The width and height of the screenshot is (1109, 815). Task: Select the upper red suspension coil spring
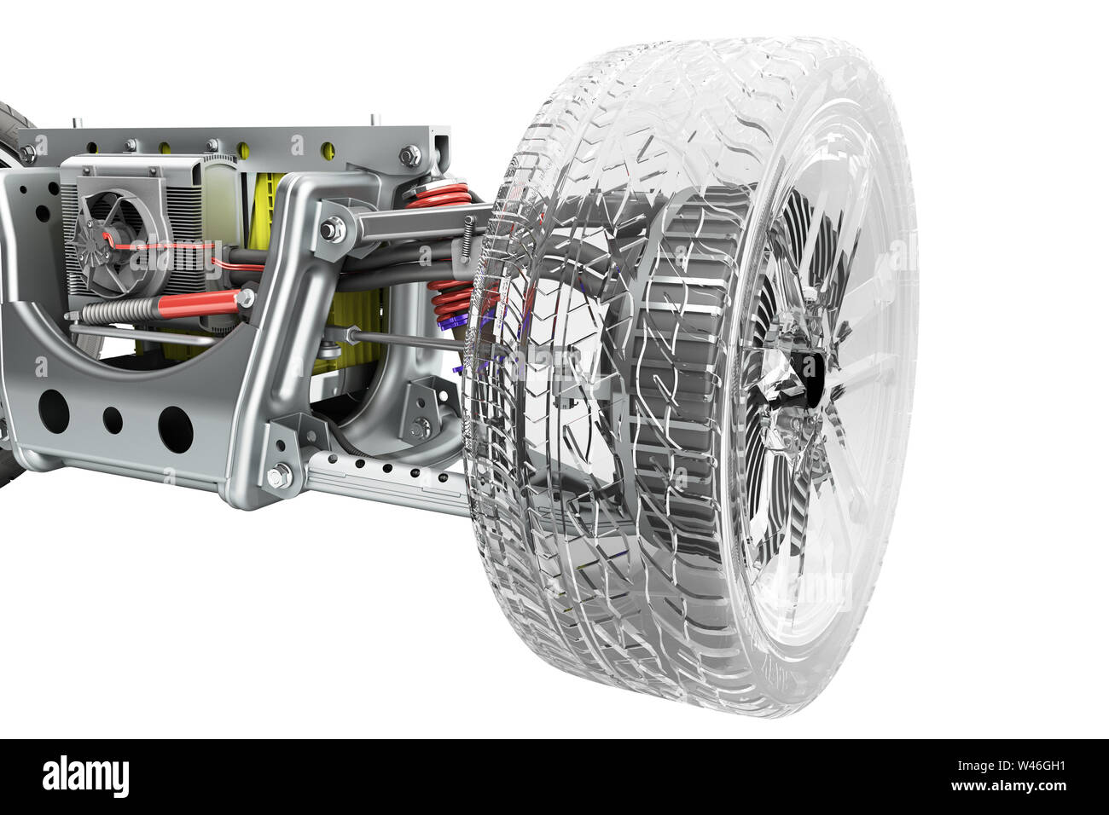(439, 197)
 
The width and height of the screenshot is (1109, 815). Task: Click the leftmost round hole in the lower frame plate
(53, 409)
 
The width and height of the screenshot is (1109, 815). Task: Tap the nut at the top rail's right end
(409, 155)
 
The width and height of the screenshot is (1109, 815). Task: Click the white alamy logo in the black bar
(85, 777)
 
